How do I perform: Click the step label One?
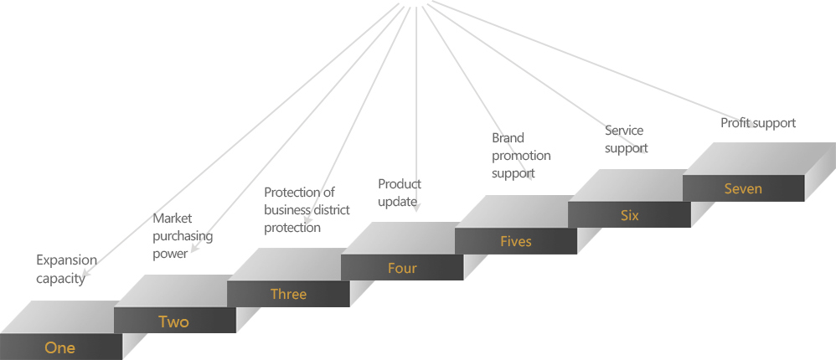tap(59, 348)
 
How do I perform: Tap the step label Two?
tap(173, 321)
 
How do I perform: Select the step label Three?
tap(288, 294)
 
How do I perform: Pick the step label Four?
tap(402, 268)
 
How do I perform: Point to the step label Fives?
tap(515, 241)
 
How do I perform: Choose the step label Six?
tap(630, 216)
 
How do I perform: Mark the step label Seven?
tap(743, 188)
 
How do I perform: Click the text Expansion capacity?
tap(67, 270)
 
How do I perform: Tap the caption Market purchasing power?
tap(183, 236)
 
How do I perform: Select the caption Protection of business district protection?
tap(307, 210)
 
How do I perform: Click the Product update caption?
tap(400, 193)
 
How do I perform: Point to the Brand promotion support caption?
tap(521, 156)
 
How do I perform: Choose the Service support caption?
tap(627, 139)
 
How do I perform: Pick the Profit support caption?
tap(758, 123)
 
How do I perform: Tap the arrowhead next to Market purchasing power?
tap(195, 248)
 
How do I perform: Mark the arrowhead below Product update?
tap(416, 208)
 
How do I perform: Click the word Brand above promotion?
tap(508, 138)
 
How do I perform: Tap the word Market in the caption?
tap(173, 219)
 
